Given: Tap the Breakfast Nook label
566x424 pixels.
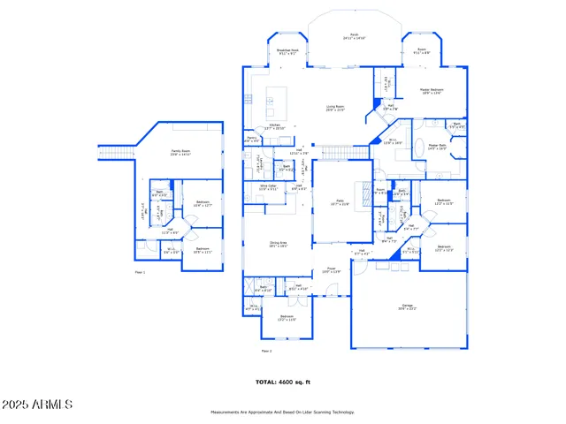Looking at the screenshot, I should pos(286,52).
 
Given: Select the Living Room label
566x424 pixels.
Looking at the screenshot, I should pos(334,107).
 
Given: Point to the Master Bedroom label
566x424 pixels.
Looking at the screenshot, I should pos(431,91).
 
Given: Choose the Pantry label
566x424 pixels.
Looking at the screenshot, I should pos(252,139).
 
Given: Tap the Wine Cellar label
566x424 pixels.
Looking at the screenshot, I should pos(267,187).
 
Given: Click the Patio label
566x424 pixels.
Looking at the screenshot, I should pos(340,202).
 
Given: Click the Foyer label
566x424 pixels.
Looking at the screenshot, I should pos(331,270).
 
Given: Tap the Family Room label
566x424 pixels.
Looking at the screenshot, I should pos(181,152).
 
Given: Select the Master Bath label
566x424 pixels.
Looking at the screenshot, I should pos(438,147).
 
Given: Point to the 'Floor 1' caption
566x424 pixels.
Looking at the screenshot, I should pos(140,273).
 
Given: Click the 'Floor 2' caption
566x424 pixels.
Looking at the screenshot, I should pos(266,350).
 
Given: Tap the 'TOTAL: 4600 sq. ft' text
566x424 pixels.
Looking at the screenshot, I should pos(283,382).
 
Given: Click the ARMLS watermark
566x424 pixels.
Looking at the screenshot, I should pos(37,404).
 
